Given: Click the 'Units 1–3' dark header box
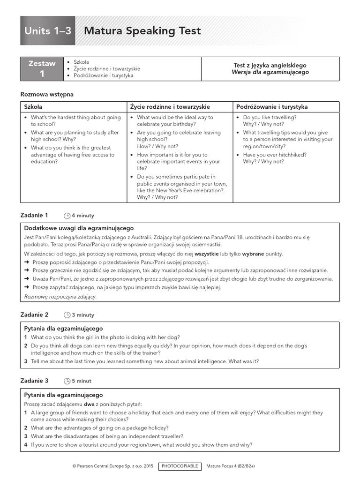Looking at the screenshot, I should [x=48, y=31].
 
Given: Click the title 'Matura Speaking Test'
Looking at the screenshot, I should [x=142, y=31].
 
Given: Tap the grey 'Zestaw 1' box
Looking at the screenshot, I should [x=42, y=69].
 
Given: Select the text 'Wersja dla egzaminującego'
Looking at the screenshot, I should [x=270, y=73].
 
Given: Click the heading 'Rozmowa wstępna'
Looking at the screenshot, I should [x=47, y=94].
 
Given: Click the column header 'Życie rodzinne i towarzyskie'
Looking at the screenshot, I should [x=170, y=107].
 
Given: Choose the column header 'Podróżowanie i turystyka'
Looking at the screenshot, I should [x=272, y=107].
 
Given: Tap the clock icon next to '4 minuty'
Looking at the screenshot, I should [x=67, y=216].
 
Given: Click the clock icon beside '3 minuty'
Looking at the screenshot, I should [x=67, y=315].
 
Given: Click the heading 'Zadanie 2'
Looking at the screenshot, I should [x=34, y=315].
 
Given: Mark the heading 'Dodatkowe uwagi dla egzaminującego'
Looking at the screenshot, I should [x=79, y=228].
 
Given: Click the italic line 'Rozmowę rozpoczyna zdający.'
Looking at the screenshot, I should [x=60, y=297].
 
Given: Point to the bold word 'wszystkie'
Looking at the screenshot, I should [x=207, y=254].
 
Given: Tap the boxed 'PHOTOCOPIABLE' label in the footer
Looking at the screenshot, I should [x=180, y=466].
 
